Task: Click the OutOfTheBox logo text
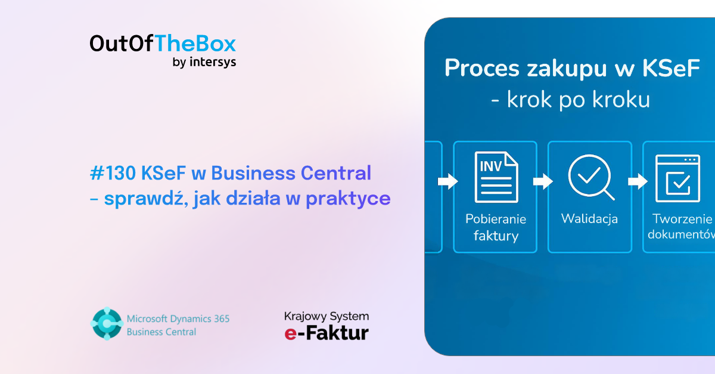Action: [163, 44]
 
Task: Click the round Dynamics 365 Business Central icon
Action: [107, 324]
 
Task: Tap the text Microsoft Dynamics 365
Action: [178, 319]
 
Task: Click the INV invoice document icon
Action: [496, 177]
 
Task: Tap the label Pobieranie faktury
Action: [496, 227]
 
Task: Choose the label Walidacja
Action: [589, 219]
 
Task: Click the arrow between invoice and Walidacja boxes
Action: [543, 181]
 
